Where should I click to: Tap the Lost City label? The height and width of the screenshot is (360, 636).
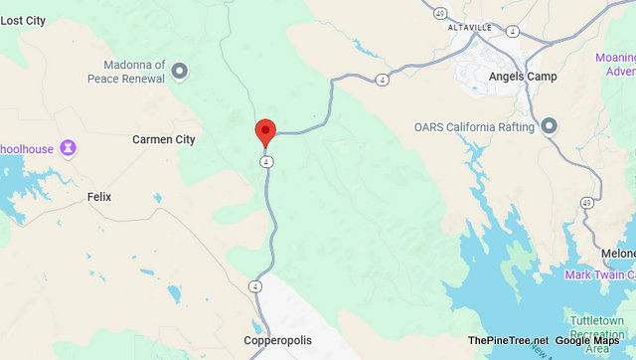[23, 20]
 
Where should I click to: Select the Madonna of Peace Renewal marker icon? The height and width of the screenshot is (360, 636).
[180, 71]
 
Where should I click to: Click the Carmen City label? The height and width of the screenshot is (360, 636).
[164, 140]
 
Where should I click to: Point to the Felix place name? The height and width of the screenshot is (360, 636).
[99, 197]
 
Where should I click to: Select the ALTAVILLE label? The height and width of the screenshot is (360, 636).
[471, 27]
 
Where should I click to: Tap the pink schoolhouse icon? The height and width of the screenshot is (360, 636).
[68, 148]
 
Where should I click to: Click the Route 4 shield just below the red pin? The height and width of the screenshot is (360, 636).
[266, 161]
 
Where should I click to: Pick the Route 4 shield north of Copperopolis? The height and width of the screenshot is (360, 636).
[255, 286]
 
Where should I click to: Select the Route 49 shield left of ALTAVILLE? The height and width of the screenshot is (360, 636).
[438, 14]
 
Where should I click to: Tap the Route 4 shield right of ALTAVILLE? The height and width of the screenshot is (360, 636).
[512, 31]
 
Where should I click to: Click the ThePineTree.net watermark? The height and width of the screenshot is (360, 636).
[508, 341]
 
